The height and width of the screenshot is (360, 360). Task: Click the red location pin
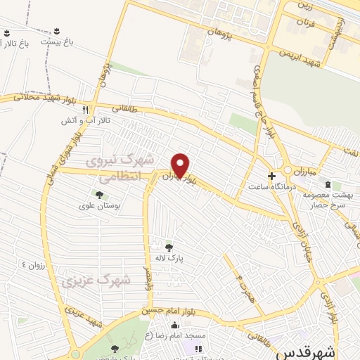[181, 165]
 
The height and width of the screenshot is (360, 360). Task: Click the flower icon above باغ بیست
[56, 30]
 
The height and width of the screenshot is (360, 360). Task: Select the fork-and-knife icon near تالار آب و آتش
[86, 110]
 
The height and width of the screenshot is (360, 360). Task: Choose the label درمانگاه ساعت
[267, 187]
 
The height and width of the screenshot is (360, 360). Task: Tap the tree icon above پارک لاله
[169, 247]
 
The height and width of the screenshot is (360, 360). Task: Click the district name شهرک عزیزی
[96, 280]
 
